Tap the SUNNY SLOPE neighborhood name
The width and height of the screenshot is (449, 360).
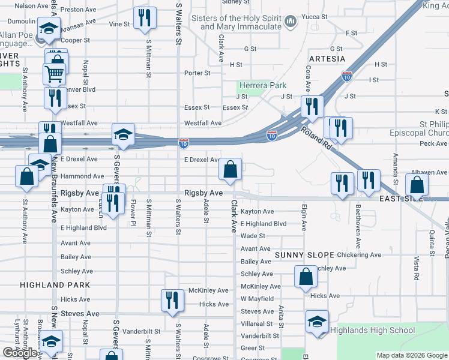[304, 255]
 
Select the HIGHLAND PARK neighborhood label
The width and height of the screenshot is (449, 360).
[55, 285]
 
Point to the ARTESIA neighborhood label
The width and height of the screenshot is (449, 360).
[327, 59]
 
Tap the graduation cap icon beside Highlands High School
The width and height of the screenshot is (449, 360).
[317, 322]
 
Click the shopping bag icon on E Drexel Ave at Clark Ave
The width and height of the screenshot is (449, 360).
[231, 169]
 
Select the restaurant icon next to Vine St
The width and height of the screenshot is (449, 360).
[144, 19]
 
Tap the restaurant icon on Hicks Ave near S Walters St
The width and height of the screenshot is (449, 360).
[172, 300]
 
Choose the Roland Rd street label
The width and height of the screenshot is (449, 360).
[316, 137]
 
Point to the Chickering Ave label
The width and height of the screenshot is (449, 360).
[359, 255]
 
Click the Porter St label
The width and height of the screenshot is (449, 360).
[197, 73]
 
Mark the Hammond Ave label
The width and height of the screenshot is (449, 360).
[82, 176]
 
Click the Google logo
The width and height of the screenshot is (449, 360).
[20, 353]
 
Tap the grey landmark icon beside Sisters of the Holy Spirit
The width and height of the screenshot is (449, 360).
[291, 22]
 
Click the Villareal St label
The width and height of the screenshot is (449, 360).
[257, 323]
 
